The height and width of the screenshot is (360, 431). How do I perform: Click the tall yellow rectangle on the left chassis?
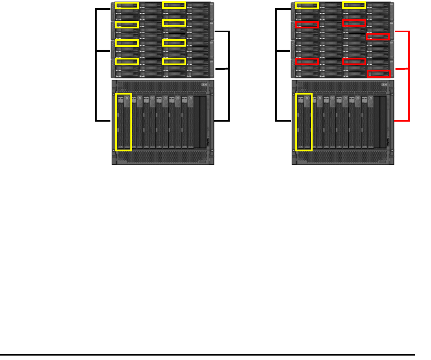[124, 122]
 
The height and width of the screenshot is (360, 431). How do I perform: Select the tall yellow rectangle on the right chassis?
[304, 122]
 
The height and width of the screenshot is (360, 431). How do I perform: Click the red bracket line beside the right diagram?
[408, 75]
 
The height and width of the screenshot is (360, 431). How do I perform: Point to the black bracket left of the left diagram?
[96, 64]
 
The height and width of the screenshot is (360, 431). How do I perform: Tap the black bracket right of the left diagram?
[229, 75]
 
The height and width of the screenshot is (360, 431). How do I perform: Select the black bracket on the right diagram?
[276, 64]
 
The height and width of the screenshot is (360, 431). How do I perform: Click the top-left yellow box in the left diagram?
[126, 5]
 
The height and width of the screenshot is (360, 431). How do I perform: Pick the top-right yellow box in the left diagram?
[174, 5]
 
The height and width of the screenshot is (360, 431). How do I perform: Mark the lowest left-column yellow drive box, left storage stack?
[126, 61]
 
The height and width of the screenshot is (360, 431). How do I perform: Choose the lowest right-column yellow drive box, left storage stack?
[174, 61]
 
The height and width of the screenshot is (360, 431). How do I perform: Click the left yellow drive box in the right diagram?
[306, 5]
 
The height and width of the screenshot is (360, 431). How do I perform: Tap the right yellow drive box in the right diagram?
[354, 5]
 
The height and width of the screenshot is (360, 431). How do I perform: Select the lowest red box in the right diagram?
[379, 74]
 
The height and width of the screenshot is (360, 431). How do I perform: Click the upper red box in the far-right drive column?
[379, 37]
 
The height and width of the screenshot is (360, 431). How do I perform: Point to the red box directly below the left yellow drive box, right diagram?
[306, 24]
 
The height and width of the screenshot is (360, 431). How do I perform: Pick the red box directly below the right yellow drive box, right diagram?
[354, 23]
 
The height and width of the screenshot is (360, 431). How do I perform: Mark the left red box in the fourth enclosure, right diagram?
[306, 61]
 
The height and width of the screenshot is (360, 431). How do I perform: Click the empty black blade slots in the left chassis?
[200, 122]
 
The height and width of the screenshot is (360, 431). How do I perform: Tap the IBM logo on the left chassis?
[204, 85]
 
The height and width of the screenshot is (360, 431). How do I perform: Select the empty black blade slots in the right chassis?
[380, 122]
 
